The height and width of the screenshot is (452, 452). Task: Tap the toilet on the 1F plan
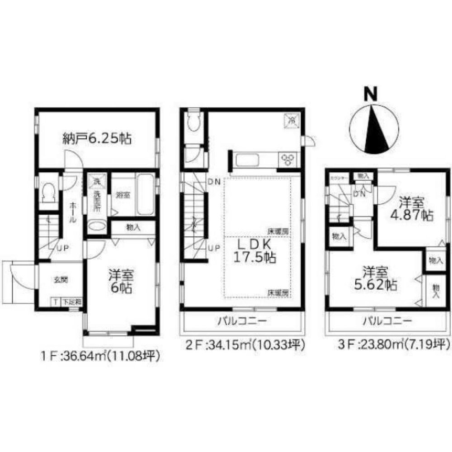tap(47, 194)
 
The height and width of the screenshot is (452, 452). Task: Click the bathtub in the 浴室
tap(145, 195)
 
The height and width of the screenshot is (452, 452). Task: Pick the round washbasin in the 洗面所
tap(96, 226)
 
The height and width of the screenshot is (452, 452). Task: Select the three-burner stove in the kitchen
tap(288, 159)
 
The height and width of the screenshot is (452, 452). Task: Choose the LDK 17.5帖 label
tap(255, 251)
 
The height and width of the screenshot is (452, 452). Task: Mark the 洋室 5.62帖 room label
tap(376, 279)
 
